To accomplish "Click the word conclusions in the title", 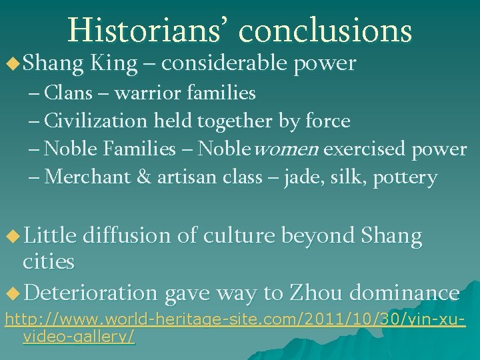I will pyautogui.click(x=325, y=30).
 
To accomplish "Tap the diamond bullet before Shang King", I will pyautogui.click(x=11, y=64).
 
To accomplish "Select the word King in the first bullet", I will pyautogui.click(x=113, y=63).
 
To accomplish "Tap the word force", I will pyautogui.click(x=327, y=121).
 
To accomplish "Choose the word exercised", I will pyautogui.click(x=366, y=149).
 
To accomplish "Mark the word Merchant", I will pyautogui.click(x=89, y=177).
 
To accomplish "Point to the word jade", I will pyautogui.click(x=301, y=178).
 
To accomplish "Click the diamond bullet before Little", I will pyautogui.click(x=11, y=236).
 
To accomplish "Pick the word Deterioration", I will pyautogui.click(x=93, y=293).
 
